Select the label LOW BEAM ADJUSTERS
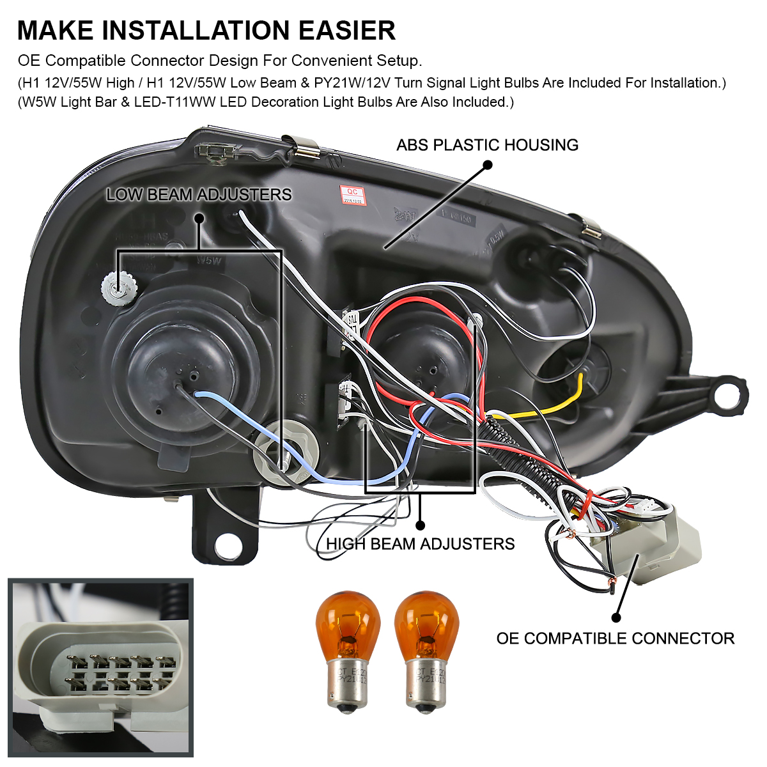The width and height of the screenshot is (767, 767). pos(199,194)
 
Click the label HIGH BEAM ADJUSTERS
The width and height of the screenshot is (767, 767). pos(421,544)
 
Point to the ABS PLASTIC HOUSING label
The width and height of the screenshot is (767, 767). pos(487,145)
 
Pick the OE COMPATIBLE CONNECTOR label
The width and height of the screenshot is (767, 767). pos(615,638)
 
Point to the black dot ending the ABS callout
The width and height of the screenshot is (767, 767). pos(488,164)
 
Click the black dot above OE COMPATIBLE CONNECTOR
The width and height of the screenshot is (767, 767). pos(616,617)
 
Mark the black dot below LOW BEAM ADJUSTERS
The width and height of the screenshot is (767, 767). pos(199,218)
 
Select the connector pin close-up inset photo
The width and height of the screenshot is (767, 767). pos(100,667)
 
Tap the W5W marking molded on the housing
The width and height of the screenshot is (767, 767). pos(209,261)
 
